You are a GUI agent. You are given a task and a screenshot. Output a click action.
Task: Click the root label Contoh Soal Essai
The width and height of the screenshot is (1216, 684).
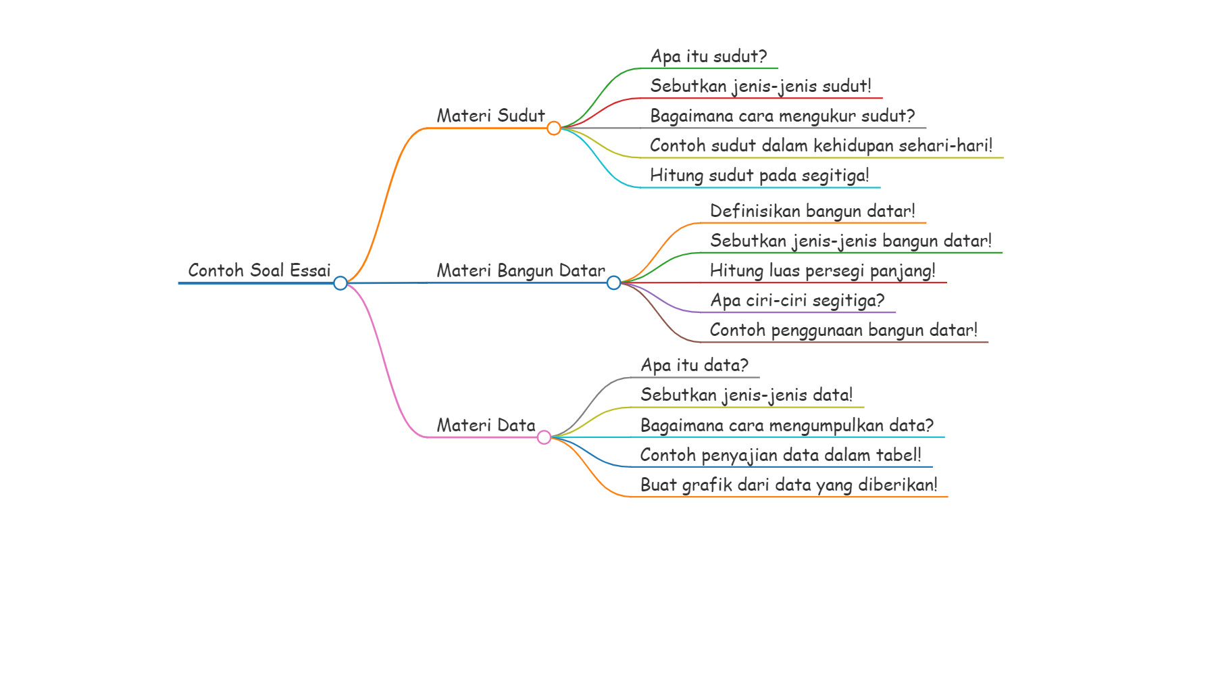(x=259, y=270)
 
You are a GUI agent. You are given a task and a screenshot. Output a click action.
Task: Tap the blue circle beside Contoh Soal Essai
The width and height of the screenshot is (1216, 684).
(x=340, y=283)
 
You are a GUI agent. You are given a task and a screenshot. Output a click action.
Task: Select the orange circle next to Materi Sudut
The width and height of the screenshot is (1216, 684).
(x=554, y=128)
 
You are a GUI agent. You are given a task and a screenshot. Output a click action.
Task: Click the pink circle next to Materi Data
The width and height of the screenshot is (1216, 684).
(x=544, y=437)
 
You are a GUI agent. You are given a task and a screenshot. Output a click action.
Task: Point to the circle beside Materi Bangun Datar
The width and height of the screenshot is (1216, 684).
(x=613, y=283)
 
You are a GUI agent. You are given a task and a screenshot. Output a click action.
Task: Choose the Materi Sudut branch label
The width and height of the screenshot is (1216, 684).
(x=490, y=116)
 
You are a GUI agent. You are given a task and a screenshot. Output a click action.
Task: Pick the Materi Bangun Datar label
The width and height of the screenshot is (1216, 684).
(x=521, y=270)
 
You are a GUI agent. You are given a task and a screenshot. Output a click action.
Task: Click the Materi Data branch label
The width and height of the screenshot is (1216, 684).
(x=486, y=425)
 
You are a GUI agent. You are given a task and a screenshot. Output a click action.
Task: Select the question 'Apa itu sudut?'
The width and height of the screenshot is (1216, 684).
(x=709, y=56)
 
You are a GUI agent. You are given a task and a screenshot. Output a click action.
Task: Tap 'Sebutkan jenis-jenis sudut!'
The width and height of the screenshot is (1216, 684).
(x=761, y=86)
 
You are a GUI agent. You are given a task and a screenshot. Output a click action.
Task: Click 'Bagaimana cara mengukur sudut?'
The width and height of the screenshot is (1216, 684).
(x=782, y=116)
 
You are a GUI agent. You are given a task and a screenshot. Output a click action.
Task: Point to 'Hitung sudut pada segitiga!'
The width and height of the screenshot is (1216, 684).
(x=759, y=175)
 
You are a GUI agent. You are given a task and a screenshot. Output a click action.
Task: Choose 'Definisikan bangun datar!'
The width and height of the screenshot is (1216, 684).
(x=813, y=211)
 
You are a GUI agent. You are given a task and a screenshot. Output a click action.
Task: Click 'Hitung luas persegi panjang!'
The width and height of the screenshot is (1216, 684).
(x=823, y=270)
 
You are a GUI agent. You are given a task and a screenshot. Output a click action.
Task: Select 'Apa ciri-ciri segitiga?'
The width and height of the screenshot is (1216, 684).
(x=797, y=300)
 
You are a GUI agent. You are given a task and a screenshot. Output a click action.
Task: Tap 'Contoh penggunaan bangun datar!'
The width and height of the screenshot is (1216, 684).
(x=844, y=330)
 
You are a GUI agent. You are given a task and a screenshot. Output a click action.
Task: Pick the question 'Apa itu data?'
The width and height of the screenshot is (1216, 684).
(x=694, y=365)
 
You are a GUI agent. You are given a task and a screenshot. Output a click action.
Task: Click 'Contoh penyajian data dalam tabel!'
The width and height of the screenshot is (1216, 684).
(x=781, y=455)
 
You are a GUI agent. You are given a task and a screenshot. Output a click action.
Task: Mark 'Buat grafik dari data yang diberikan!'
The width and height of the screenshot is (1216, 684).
(x=789, y=485)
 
